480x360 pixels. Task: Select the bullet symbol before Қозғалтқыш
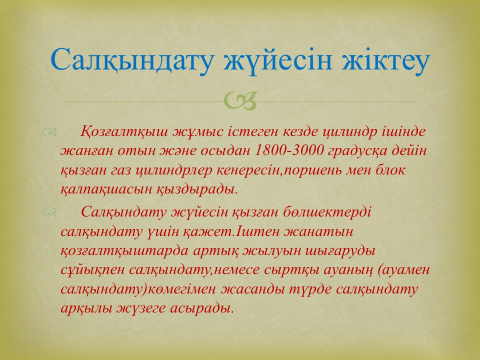pos(49,132)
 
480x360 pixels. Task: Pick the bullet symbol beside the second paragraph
pos(49,212)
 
